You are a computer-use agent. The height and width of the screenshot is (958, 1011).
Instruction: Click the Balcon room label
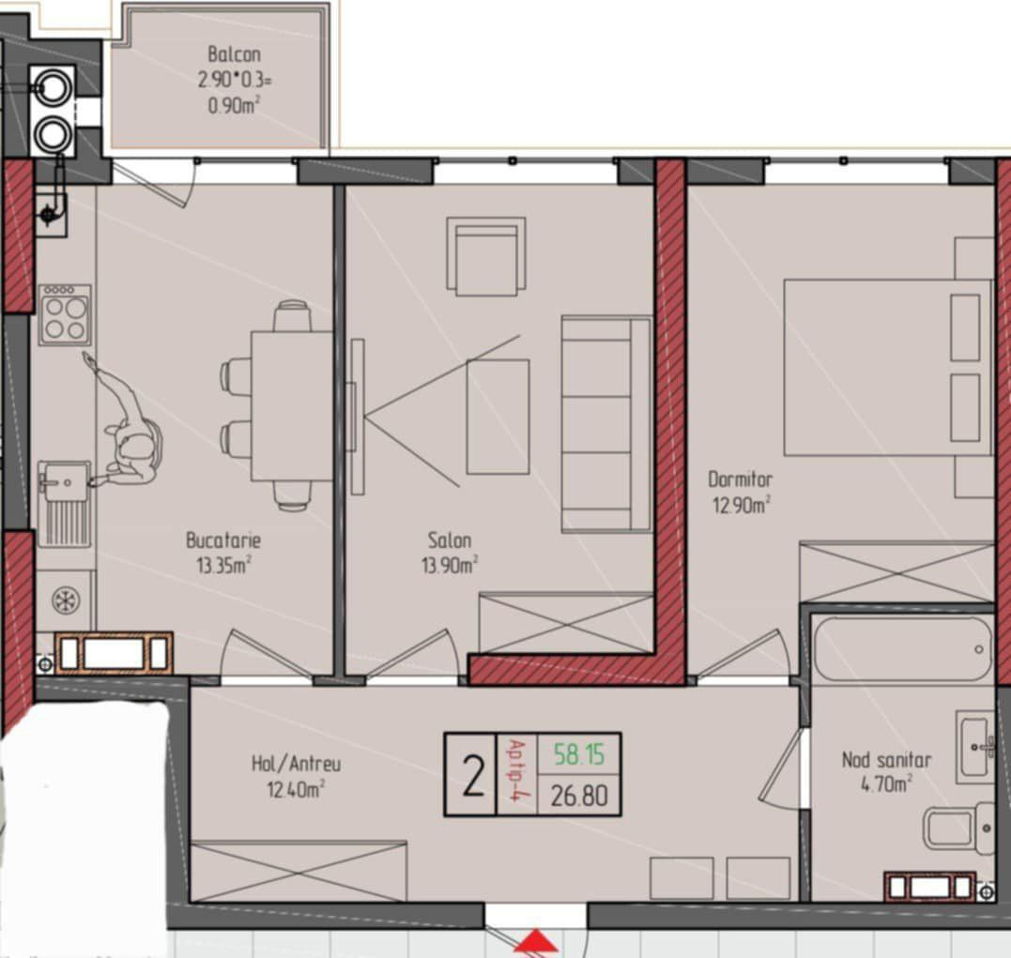point(234,53)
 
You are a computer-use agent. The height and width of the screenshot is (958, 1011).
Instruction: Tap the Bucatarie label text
point(223,540)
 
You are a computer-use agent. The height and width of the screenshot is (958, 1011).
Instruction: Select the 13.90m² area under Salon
point(450,565)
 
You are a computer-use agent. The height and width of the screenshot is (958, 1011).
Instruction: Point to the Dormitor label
point(740,479)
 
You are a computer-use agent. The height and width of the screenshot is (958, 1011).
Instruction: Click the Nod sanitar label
point(886,759)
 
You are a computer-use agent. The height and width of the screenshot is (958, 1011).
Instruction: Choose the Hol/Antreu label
point(296,764)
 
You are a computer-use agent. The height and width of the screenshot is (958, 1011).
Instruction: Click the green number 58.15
point(579,754)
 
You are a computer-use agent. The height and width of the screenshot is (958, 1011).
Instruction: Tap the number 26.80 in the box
point(579,796)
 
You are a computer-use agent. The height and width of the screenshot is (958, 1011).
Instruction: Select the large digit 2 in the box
point(473,777)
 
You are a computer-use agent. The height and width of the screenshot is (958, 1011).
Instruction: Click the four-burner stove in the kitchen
point(65,314)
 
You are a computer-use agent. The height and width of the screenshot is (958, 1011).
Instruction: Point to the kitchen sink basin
point(63,481)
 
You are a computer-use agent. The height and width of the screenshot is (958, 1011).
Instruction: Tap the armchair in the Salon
point(486,256)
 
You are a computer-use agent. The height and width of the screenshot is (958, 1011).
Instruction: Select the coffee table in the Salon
point(498,417)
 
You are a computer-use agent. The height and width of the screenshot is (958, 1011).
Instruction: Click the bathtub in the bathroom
point(902,650)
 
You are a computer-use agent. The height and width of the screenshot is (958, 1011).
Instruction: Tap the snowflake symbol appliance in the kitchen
point(65,601)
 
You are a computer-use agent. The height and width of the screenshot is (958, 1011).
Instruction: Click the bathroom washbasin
point(975,747)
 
